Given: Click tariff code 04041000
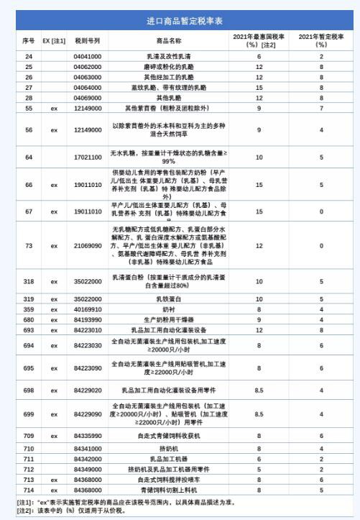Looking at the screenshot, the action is pos(87,56).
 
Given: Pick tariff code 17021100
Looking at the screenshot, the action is pos(87,157).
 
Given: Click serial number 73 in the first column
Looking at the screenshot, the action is pos(29,246).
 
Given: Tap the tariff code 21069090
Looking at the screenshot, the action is pos(87,246).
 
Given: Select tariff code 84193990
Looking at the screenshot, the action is pos(87,319).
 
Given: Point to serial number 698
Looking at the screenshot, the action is pos(29,391).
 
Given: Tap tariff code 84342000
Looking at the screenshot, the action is pos(87,458).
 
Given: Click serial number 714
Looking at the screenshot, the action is pos(29,489).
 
